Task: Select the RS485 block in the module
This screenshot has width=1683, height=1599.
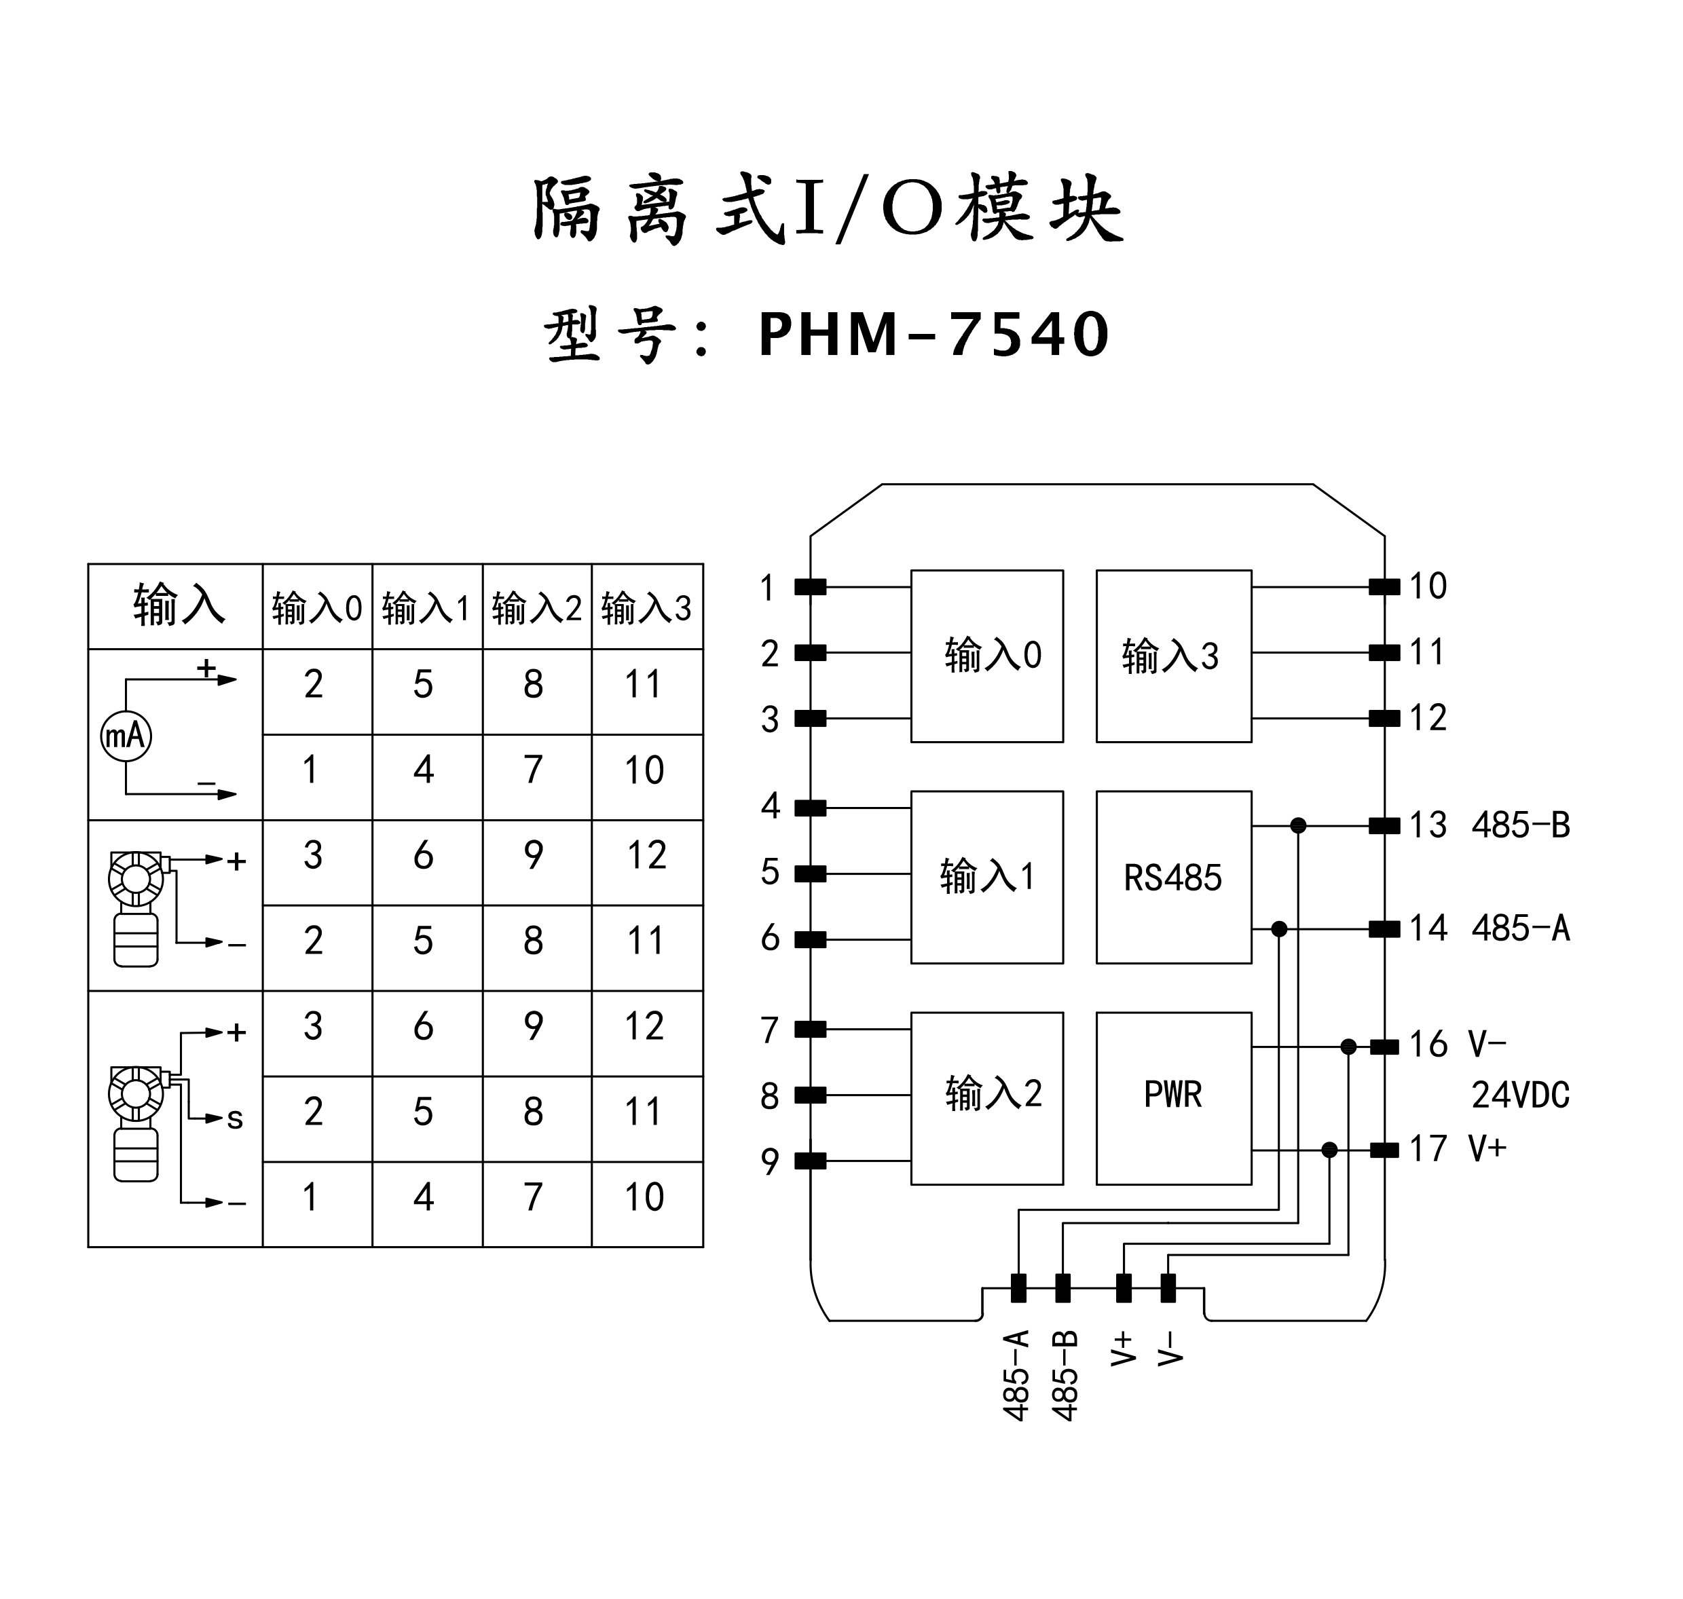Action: (x=1173, y=877)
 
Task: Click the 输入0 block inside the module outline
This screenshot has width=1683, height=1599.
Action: (x=987, y=656)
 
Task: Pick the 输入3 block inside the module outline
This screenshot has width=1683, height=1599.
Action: (x=1173, y=656)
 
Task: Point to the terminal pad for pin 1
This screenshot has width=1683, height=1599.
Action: (x=810, y=586)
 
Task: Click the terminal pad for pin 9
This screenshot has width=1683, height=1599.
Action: (x=810, y=1160)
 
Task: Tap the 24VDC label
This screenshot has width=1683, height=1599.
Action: (x=1520, y=1095)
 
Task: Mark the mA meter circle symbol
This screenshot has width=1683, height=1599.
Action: (x=126, y=735)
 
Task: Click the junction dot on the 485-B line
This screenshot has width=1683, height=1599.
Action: (x=1297, y=825)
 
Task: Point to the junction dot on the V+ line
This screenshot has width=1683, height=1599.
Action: (x=1329, y=1150)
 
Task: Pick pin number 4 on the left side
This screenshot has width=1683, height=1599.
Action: (x=770, y=806)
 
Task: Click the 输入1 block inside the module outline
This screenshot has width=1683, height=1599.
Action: (x=987, y=877)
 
